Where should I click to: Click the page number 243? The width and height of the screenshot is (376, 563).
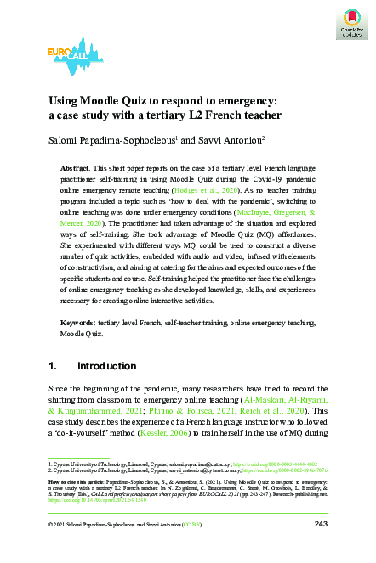(x=321, y=549)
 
